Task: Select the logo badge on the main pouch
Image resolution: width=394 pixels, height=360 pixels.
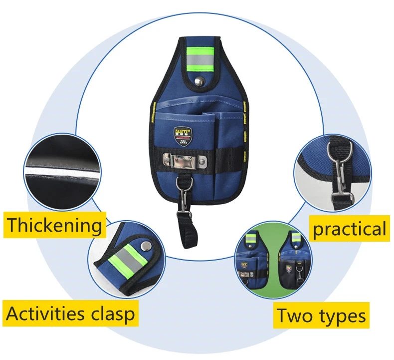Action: [182, 134]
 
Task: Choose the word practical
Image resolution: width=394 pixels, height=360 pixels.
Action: [349, 229]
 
